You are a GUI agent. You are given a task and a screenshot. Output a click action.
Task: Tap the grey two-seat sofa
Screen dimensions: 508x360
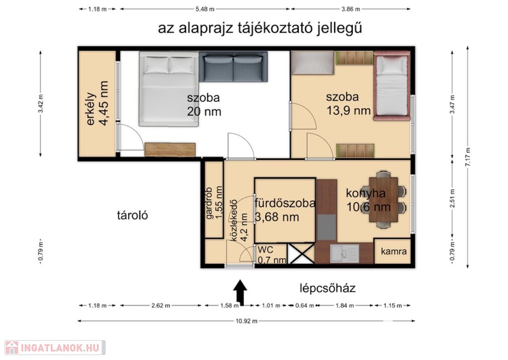pos(233,67)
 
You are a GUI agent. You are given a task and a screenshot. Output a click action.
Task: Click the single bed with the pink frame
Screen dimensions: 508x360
pos(392,86)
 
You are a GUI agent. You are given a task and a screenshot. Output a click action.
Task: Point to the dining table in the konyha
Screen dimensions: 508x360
pos(383,200)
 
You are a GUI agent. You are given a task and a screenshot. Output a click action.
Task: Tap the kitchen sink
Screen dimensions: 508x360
pos(344,253)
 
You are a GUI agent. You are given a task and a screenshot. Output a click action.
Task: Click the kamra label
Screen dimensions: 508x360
pos(393,251)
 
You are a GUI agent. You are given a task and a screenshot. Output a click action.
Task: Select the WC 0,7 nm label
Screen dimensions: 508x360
pos(272,255)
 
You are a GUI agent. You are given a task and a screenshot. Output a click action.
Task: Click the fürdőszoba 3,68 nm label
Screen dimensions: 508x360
pos(285,210)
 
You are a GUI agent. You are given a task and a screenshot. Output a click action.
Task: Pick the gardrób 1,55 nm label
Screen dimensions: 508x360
pos(214,203)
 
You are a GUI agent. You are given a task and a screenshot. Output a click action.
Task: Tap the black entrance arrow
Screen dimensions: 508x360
pos(241,292)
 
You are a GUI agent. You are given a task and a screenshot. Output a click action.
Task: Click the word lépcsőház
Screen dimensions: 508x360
pos(327,288)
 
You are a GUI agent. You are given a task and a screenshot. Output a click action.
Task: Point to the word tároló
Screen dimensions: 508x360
pos(132,215)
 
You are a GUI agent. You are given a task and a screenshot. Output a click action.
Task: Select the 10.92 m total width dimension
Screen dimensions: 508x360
pos(247,321)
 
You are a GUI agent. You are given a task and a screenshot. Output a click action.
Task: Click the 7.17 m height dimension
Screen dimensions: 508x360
pos(467,157)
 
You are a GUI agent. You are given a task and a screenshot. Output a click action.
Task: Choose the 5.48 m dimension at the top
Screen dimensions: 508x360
pos(205,9)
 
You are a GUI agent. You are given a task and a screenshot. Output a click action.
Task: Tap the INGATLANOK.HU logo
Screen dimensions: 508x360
pos(55,348)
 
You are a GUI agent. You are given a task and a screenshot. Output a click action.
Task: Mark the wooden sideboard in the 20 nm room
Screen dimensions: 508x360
pos(170,149)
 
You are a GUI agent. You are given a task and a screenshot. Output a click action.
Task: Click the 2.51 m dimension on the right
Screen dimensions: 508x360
pos(452,199)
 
